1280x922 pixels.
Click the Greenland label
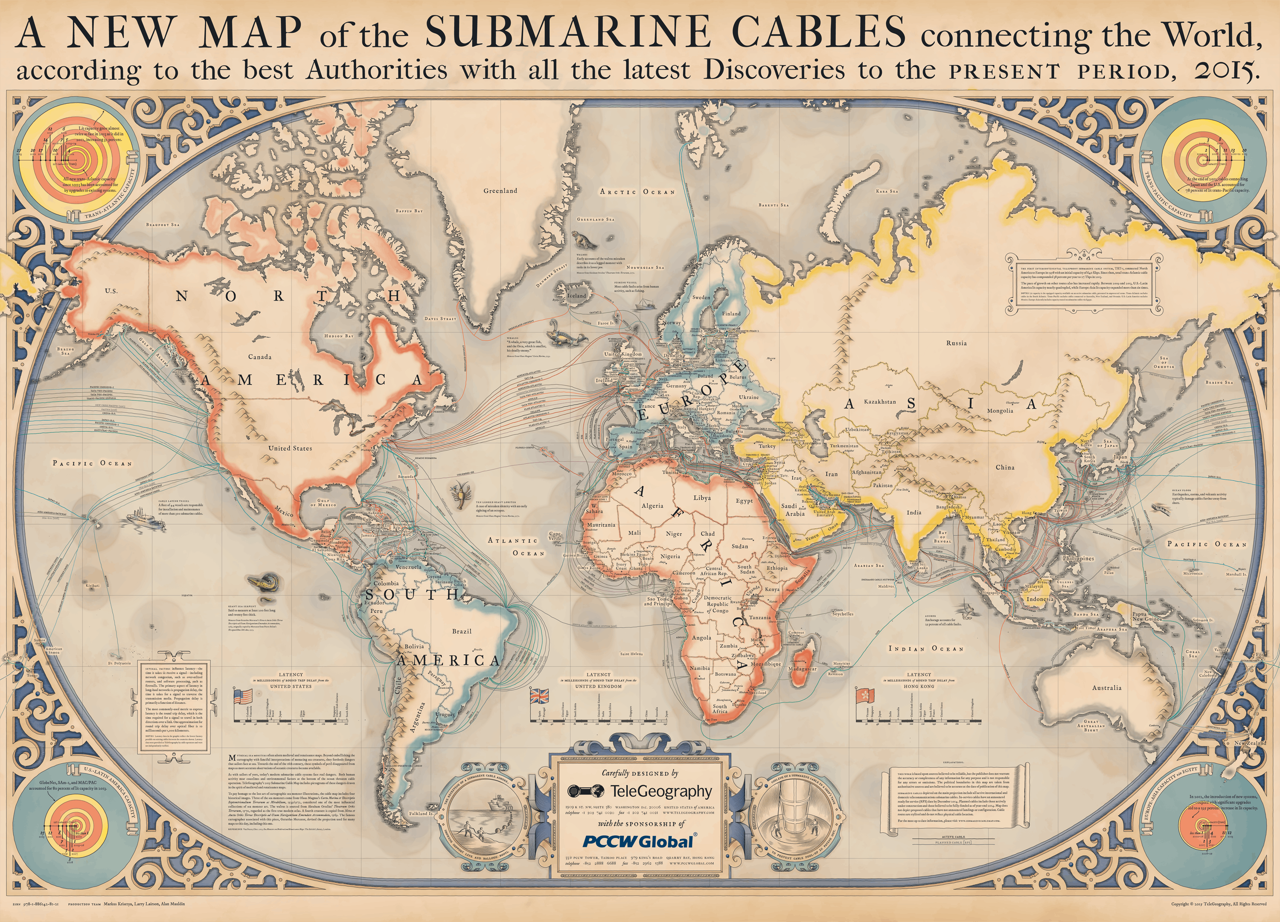click(x=500, y=191)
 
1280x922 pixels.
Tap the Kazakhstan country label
click(x=880, y=401)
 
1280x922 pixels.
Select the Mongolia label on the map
click(x=1000, y=411)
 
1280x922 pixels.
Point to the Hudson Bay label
click(x=339, y=336)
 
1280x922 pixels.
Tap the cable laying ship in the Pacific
click(x=145, y=518)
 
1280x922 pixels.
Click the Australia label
click(x=1107, y=688)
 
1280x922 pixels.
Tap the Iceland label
click(x=576, y=295)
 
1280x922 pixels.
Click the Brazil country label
click(x=462, y=631)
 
